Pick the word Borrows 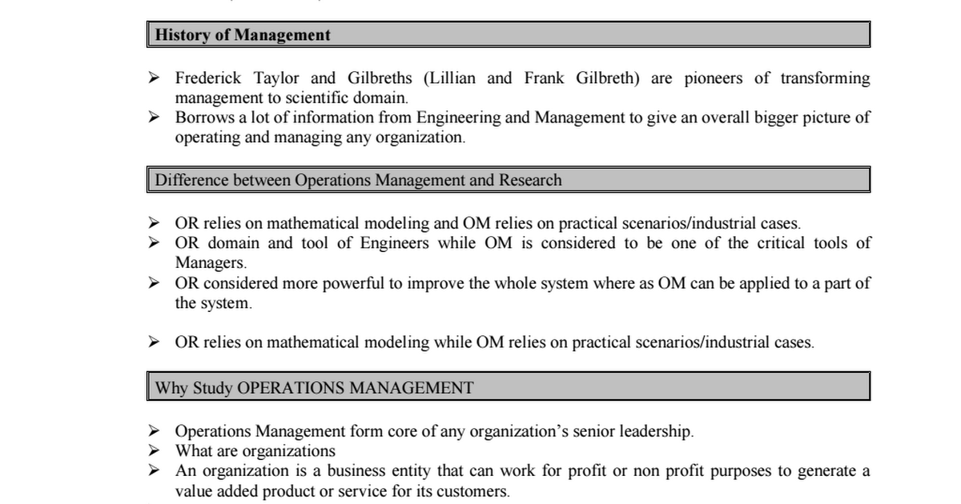pos(204,118)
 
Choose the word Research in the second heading pos(530,180)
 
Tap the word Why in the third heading pos(170,389)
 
